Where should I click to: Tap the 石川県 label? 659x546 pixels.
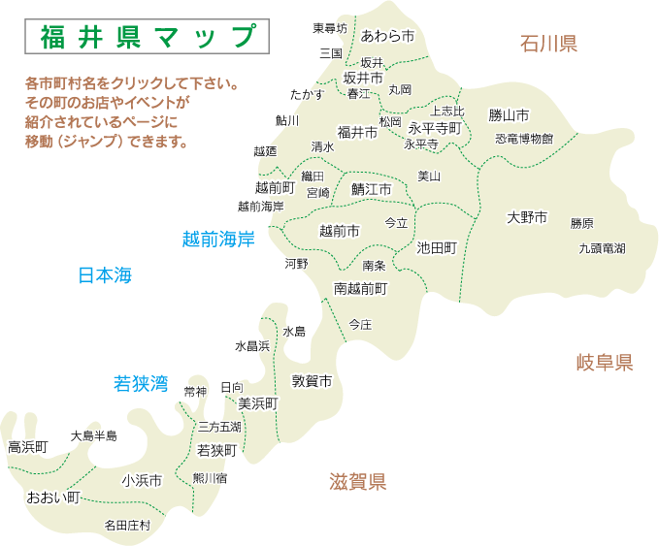click(548, 43)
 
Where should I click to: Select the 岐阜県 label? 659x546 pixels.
click(604, 363)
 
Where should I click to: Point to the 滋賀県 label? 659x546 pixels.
click(357, 481)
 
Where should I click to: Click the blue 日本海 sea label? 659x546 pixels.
click(104, 275)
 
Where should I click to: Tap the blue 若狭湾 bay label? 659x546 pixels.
click(142, 383)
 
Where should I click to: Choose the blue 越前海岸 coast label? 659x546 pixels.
click(218, 239)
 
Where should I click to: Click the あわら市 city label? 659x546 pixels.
click(387, 36)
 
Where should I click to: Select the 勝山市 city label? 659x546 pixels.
click(509, 115)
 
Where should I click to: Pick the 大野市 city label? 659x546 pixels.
click(527, 217)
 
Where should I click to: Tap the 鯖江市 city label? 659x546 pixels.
click(371, 188)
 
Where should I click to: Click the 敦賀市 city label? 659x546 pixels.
click(313, 381)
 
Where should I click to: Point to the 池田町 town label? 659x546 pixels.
click(436, 247)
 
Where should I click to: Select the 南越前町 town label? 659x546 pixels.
click(361, 288)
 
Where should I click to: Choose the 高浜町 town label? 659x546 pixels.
click(27, 447)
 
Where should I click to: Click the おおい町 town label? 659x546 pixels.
click(52, 498)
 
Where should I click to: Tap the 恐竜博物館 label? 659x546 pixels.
click(523, 139)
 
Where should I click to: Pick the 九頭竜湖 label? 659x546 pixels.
click(602, 248)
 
